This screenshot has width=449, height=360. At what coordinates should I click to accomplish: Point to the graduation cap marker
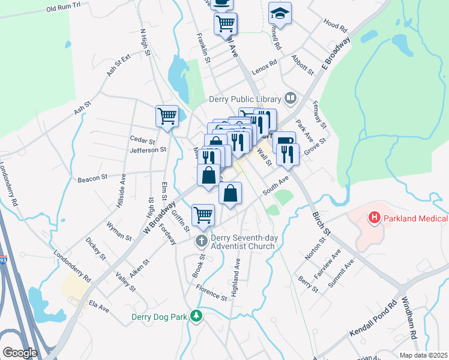click(279, 13)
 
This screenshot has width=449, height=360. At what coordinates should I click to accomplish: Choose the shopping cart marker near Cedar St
click(167, 116)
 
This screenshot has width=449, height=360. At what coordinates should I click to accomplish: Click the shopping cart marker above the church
click(203, 215)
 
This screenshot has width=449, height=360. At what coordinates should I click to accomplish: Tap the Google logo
click(19, 352)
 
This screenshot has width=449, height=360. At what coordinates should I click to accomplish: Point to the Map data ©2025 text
click(423, 355)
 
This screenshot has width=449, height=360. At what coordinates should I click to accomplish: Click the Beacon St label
click(92, 178)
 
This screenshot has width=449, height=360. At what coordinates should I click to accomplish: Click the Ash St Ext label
click(118, 65)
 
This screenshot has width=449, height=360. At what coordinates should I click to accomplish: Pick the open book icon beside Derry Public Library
click(291, 97)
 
